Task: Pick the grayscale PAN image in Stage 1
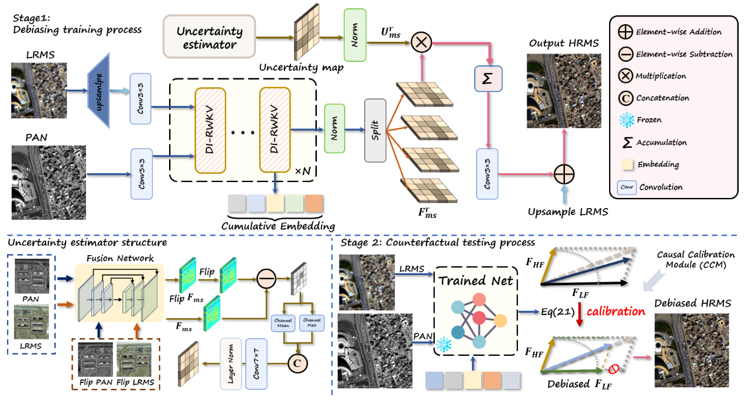pyautogui.click(x=48, y=174)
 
